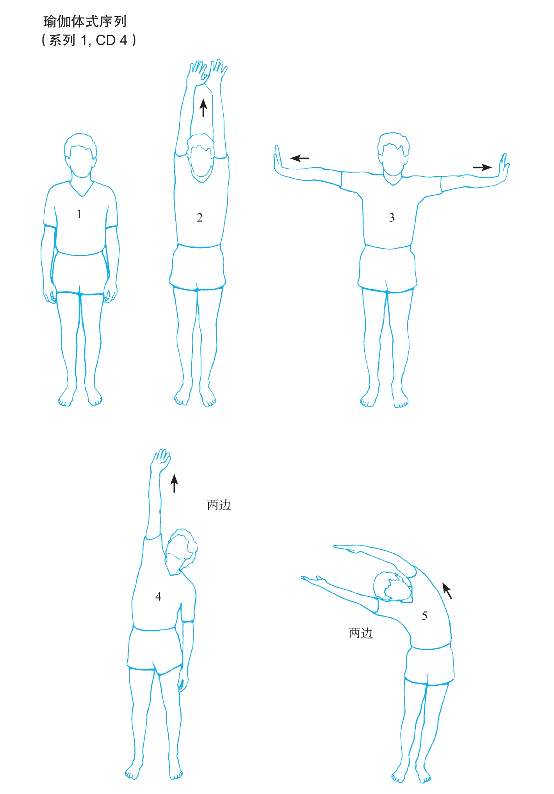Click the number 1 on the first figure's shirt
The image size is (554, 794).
[79, 214]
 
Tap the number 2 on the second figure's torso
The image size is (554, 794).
[200, 218]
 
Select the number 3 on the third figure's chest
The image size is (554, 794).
[392, 218]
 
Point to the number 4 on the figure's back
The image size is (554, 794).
[158, 597]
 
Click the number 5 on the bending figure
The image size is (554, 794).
[425, 616]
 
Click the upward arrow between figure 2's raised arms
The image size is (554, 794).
[203, 108]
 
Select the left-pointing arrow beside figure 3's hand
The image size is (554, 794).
[300, 158]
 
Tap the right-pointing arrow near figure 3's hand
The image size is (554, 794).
[482, 167]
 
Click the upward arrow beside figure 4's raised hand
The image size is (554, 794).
[174, 483]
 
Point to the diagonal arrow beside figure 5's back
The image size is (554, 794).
[447, 591]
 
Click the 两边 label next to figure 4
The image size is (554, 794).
[219, 505]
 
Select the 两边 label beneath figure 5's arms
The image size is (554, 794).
[361, 633]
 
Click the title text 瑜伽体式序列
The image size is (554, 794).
[85, 21]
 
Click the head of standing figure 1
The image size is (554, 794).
[81, 156]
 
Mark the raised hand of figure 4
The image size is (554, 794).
[161, 461]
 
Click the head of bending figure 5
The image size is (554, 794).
[393, 587]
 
